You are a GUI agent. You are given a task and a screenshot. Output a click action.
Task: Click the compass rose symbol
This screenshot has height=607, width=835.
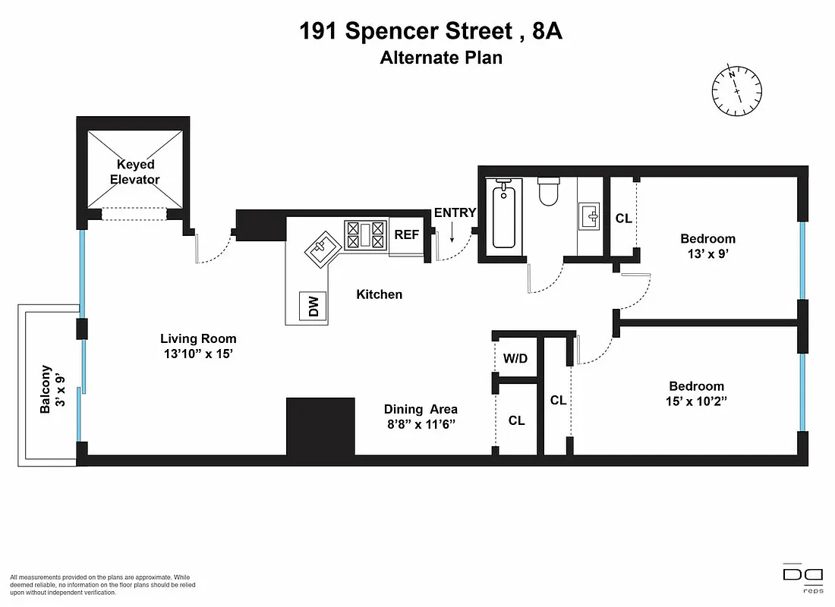pos(736,90)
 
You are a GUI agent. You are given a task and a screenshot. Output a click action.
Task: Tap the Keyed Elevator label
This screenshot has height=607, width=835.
pos(135,172)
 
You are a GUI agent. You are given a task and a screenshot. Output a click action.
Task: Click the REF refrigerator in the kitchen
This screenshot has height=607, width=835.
pos(407,234)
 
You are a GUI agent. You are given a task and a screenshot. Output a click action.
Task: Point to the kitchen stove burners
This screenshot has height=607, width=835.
pos(366,234)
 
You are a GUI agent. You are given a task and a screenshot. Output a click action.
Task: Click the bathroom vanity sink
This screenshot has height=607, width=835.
pos(590,215)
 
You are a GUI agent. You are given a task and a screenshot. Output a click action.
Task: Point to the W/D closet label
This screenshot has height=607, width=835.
pos(515,358)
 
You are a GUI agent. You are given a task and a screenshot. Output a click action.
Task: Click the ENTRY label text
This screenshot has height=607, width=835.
pos(455,213)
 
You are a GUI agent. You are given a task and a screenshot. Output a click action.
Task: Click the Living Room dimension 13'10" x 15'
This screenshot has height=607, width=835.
pos(198,354)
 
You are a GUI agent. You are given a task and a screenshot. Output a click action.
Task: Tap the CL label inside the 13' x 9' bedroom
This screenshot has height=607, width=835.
pos(623,219)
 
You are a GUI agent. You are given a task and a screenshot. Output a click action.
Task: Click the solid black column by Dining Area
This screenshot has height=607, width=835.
pos(320,426)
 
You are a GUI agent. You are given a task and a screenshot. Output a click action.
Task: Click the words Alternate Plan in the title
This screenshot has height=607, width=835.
pos(441,58)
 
